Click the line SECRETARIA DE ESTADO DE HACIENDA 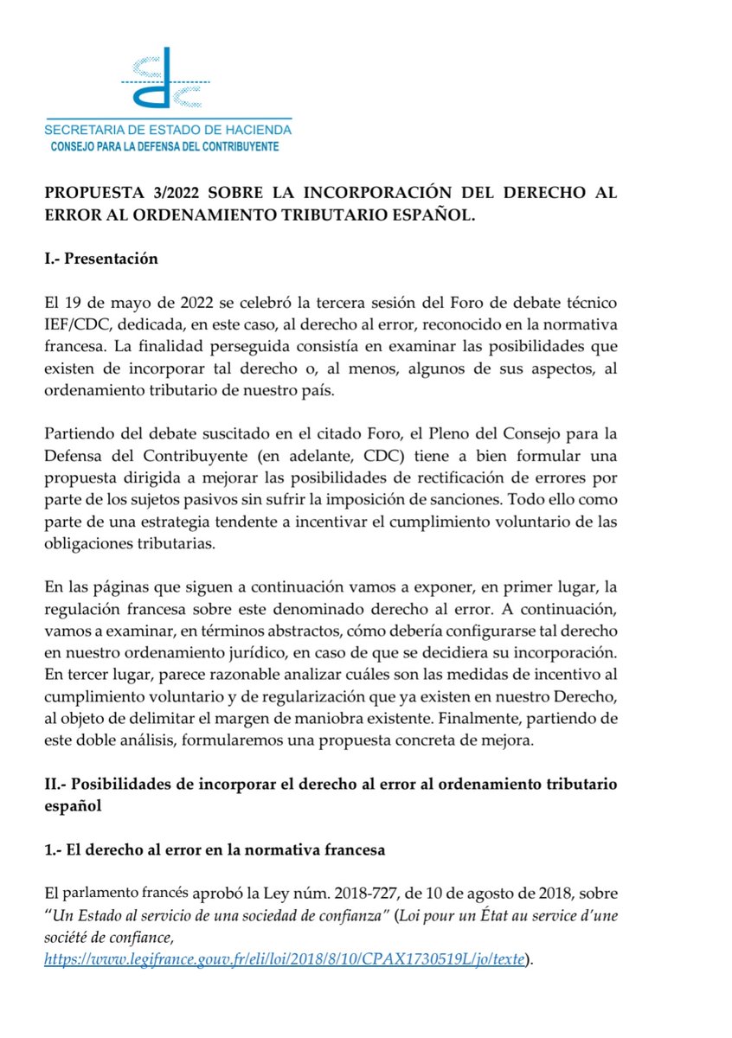pyautogui.click(x=168, y=130)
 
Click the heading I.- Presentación pyautogui.click(x=101, y=259)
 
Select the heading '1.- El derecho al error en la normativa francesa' pyautogui.click(x=215, y=851)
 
